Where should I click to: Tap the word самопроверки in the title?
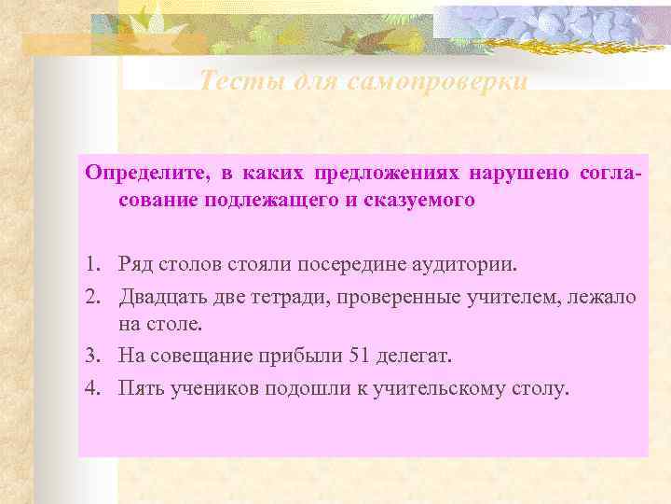tap(438, 81)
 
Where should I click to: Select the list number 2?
tap(91, 296)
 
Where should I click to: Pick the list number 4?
tap(91, 388)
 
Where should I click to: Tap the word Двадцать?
tap(160, 296)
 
